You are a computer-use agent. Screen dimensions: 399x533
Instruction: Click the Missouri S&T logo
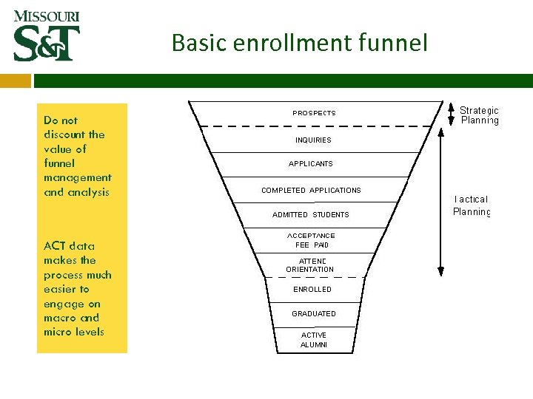[x=47, y=36]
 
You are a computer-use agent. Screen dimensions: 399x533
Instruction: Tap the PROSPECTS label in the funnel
[x=314, y=113]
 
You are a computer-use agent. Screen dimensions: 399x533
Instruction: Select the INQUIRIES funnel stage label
[x=313, y=140]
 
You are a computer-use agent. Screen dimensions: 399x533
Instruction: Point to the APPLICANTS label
[x=311, y=164]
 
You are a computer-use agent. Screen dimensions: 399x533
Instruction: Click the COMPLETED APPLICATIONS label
[x=311, y=191]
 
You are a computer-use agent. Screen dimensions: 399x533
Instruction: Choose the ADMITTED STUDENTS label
[x=310, y=215]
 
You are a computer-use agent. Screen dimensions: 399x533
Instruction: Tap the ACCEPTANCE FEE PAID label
[x=311, y=240]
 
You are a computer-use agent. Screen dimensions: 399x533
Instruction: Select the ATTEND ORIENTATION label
[x=310, y=265]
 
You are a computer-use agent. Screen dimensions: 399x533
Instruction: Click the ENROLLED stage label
[x=312, y=290]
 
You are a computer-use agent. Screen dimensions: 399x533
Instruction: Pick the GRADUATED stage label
[x=314, y=314]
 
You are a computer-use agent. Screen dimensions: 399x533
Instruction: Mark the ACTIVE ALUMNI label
[x=314, y=340]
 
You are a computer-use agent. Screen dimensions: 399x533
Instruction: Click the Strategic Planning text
[x=480, y=115]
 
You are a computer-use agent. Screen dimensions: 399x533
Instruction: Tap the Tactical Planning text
[x=472, y=205]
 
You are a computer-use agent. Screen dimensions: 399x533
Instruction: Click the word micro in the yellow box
[x=56, y=332]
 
